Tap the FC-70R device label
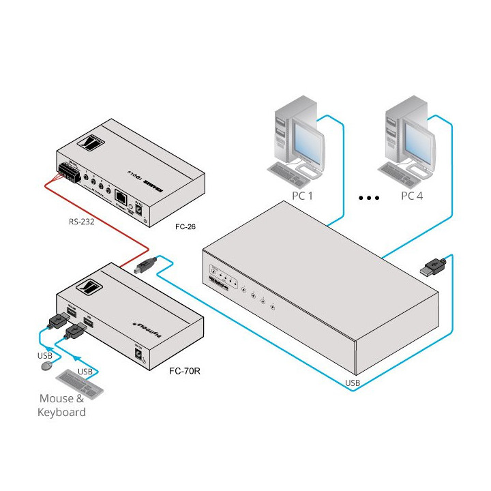pyautogui.click(x=184, y=371)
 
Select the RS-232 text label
pyautogui.click(x=82, y=221)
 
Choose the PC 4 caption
pyautogui.click(x=412, y=196)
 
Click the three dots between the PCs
pyautogui.click(x=368, y=198)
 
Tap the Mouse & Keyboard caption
pyautogui.click(x=63, y=405)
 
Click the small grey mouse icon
pyautogui.click(x=47, y=366)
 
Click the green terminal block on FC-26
pyautogui.click(x=68, y=173)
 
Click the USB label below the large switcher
pyautogui.click(x=352, y=383)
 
